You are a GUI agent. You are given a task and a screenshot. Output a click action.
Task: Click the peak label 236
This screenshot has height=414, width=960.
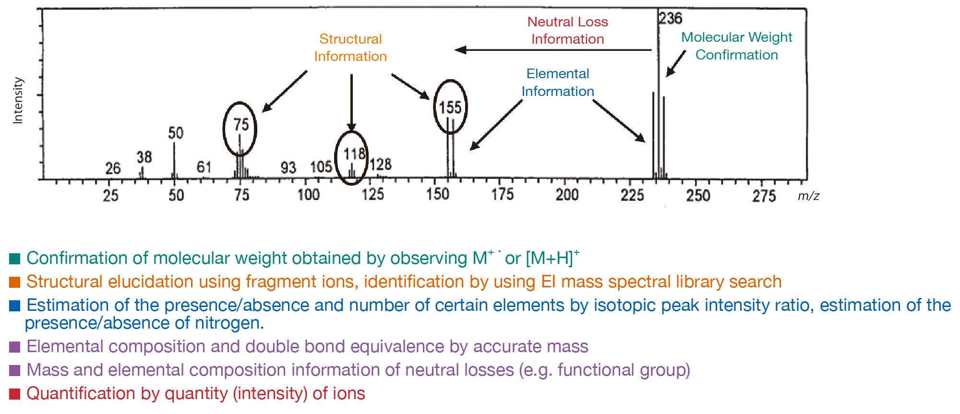click(670, 19)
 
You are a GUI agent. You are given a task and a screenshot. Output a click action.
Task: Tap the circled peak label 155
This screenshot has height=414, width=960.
click(450, 107)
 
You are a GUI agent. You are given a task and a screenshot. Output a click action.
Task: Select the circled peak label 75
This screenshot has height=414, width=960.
click(241, 125)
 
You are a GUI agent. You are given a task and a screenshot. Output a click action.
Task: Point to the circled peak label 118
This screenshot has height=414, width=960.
click(354, 154)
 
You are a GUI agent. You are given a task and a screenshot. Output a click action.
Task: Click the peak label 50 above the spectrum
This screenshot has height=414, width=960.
click(176, 133)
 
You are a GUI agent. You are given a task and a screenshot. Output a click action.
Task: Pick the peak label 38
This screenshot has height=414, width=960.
click(144, 157)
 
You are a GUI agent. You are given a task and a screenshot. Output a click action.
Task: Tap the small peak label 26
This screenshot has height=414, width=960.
click(113, 168)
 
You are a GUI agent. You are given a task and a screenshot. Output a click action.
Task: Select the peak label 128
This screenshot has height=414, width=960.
click(381, 165)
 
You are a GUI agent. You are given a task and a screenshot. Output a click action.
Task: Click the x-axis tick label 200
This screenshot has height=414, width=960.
click(567, 195)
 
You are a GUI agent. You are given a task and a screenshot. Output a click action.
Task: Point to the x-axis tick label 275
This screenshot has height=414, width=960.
click(764, 196)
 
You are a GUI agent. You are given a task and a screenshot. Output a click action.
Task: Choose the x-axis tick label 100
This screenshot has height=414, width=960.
click(308, 195)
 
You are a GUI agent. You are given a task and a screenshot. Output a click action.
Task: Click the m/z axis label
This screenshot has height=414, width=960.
click(808, 196)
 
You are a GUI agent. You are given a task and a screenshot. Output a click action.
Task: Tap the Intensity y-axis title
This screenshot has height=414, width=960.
click(18, 101)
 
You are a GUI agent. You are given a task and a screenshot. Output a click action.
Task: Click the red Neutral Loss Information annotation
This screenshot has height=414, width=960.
click(567, 30)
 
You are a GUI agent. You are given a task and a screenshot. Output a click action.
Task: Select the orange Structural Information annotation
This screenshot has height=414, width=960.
click(350, 47)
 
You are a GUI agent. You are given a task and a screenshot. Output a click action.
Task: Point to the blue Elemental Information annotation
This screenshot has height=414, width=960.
click(558, 83)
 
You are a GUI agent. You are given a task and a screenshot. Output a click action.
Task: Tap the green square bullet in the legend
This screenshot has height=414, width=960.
click(14, 259)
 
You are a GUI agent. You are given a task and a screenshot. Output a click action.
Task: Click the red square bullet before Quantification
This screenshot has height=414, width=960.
click(14, 394)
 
